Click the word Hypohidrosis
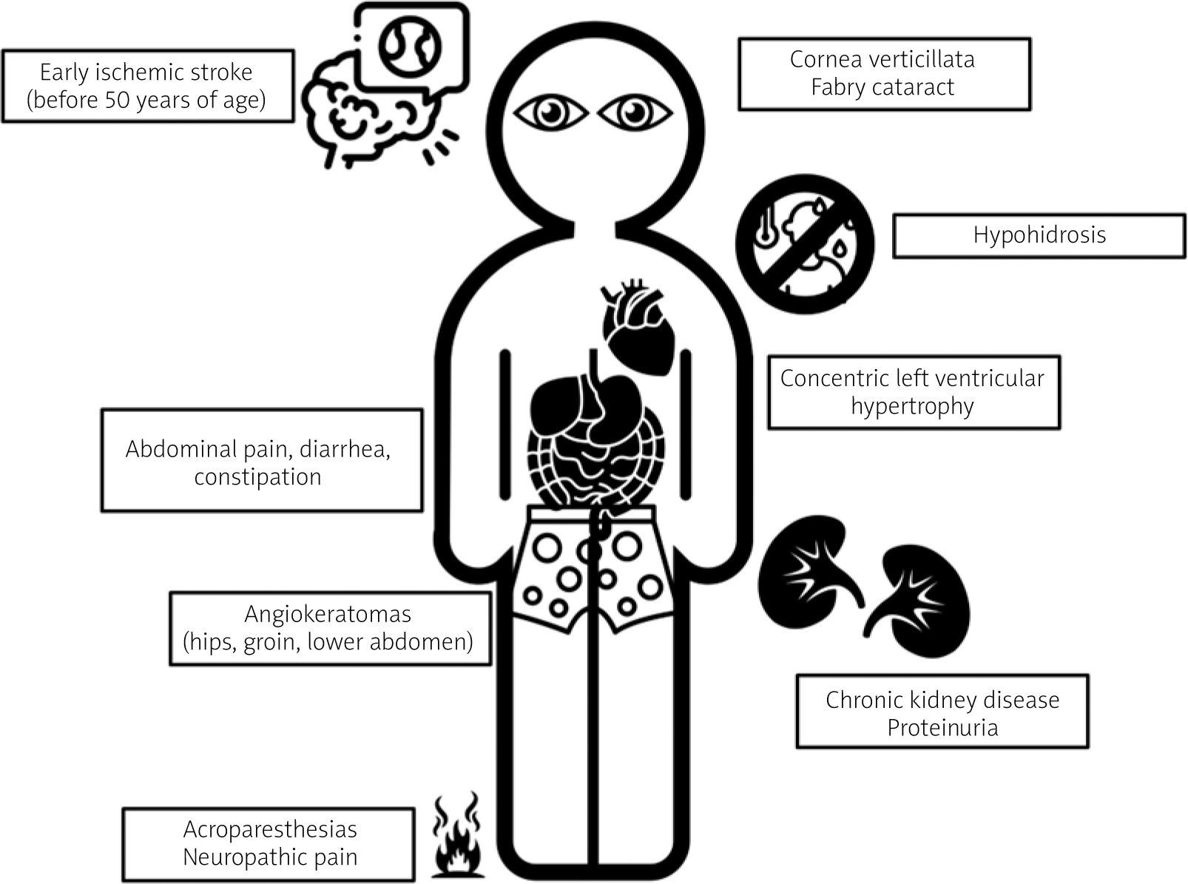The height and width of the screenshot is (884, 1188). (x=1039, y=235)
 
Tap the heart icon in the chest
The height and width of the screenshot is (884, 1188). (x=638, y=326)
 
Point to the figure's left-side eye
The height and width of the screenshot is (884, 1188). (x=550, y=113)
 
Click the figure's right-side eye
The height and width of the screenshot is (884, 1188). (x=634, y=113)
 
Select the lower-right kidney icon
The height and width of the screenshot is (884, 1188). (x=917, y=599)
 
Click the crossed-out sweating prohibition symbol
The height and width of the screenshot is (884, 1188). (x=805, y=243)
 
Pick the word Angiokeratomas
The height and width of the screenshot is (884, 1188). (x=328, y=614)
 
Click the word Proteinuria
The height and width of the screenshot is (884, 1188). (x=942, y=728)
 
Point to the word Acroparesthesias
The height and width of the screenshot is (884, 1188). (x=270, y=829)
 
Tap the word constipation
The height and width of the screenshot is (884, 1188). (x=257, y=477)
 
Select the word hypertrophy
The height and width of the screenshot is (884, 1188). (x=912, y=407)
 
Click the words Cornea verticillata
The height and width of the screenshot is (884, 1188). (x=882, y=59)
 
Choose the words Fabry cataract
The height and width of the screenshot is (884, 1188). (x=882, y=87)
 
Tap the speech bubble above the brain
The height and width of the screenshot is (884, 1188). (x=411, y=46)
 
